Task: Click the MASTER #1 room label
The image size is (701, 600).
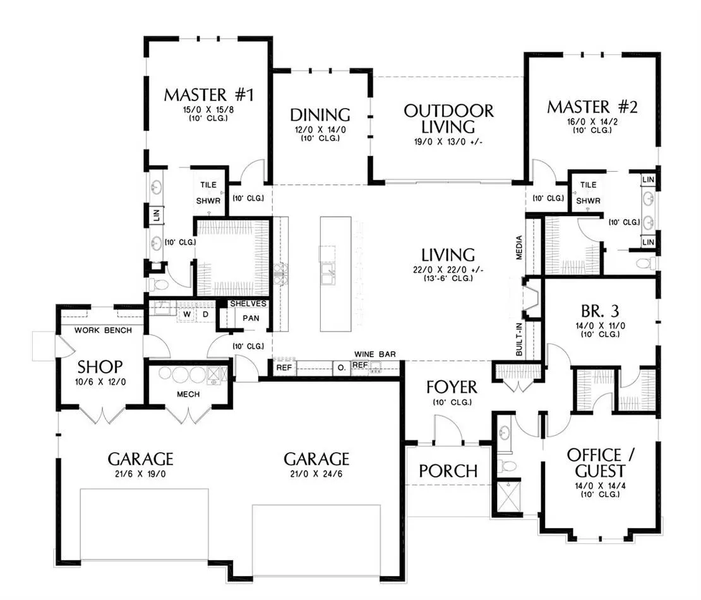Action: (209, 95)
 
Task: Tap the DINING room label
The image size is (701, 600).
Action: (320, 115)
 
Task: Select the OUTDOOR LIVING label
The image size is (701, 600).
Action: (448, 119)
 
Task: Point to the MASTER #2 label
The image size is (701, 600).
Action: (592, 107)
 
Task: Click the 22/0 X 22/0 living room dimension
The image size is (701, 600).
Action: (448, 270)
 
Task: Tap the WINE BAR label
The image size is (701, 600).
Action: (374, 354)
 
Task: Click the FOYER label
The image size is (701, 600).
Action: (452, 387)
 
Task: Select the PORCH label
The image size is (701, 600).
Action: (448, 471)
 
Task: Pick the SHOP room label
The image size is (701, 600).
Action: (100, 367)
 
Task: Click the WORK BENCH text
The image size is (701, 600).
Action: (104, 330)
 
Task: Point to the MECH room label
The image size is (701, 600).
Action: (188, 394)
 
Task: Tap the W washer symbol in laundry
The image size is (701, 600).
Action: (187, 315)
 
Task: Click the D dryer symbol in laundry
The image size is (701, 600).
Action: (206, 315)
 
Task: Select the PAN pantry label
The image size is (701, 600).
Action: (251, 318)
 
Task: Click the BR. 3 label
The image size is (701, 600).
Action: (600, 310)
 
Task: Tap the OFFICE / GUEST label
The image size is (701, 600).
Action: (600, 463)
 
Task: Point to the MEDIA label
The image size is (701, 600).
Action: (519, 248)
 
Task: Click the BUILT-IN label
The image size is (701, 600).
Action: (519, 339)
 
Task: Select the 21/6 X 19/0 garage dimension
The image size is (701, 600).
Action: (140, 474)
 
